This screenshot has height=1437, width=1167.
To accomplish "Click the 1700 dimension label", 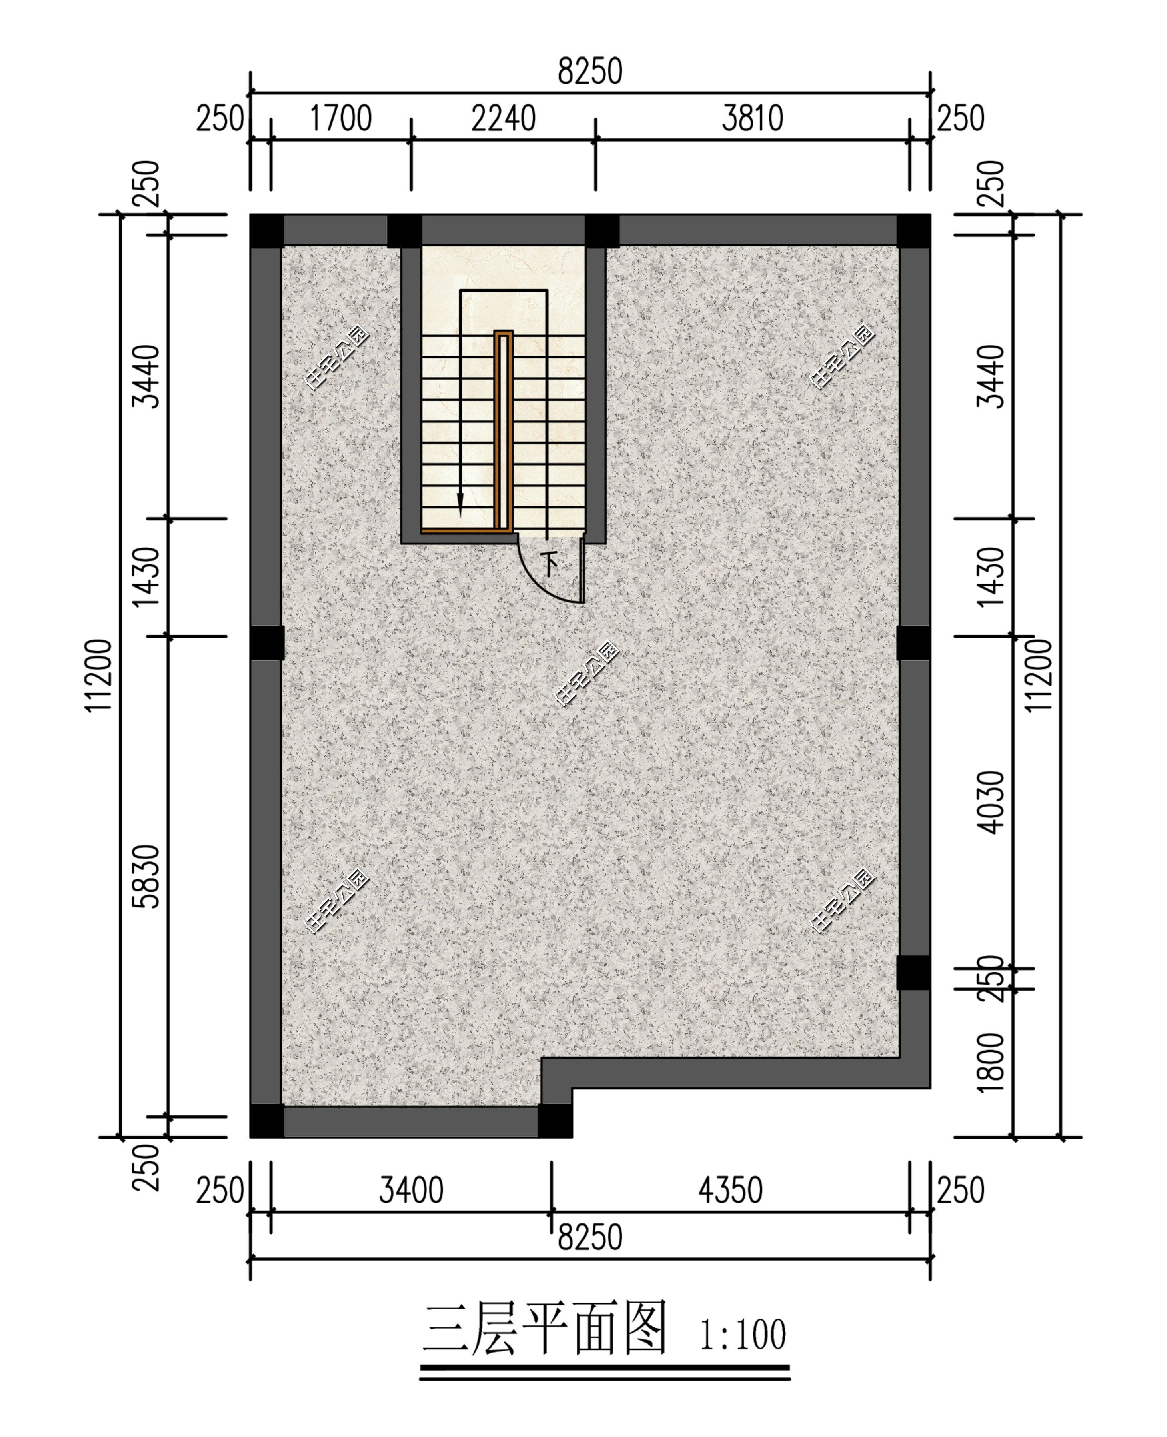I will tap(340, 119).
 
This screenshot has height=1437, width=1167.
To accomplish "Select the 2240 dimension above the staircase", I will tap(503, 119).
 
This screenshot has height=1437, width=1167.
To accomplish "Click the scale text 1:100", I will tap(742, 1335).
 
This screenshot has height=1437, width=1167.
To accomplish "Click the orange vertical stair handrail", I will tap(503, 430).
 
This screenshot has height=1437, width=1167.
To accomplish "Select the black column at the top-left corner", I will tap(267, 231).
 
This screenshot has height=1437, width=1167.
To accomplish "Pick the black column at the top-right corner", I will tap(913, 231).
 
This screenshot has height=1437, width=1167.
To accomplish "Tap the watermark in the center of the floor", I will tap(586, 674).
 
